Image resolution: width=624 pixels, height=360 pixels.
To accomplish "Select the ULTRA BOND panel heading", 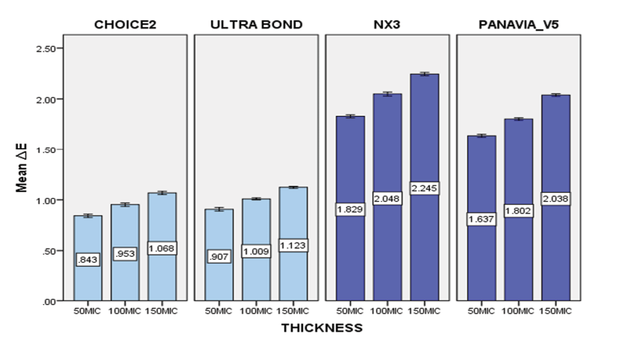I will [256, 25].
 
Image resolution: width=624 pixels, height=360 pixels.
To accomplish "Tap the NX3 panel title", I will [387, 25].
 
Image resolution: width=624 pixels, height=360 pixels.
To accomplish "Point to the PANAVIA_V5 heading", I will [518, 25].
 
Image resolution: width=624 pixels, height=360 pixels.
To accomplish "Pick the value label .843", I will [87, 259].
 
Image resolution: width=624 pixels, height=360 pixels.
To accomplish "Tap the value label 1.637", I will [480, 219].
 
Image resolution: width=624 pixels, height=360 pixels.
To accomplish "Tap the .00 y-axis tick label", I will [49, 301].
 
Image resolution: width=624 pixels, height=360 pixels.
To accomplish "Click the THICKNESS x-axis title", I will [322, 327].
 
